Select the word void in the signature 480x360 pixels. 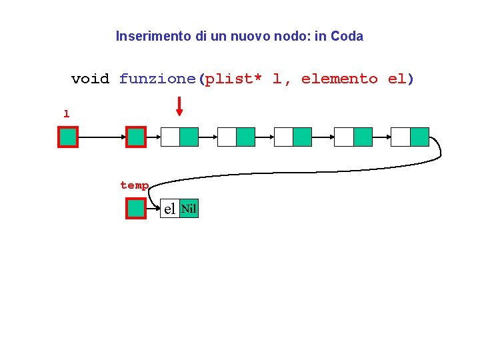(90, 79)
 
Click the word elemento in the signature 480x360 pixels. (339, 79)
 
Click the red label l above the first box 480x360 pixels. (66, 114)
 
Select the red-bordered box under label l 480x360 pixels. (68, 137)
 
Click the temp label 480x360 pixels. (134, 185)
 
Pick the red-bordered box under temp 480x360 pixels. (136, 209)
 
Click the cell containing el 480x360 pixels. (170, 209)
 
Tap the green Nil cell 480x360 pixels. (189, 209)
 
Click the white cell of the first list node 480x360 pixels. (170, 137)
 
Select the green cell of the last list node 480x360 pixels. (419, 137)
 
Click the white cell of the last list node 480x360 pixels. (401, 137)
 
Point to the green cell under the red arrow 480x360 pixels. (189, 137)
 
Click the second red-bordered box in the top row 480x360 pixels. (136, 137)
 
